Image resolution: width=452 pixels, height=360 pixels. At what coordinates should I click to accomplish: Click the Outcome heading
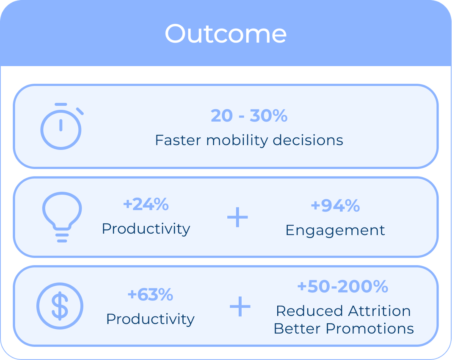click(226, 34)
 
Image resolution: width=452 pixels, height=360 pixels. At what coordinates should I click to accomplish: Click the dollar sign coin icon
click(60, 306)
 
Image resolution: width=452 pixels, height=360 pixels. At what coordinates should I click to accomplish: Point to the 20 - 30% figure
click(249, 116)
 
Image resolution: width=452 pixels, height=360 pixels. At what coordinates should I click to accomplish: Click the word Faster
click(178, 140)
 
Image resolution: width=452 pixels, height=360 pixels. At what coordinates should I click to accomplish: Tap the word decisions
click(308, 140)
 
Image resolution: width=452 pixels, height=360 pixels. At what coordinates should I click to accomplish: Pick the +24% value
click(146, 204)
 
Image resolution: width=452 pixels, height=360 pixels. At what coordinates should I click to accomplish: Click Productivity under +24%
click(146, 229)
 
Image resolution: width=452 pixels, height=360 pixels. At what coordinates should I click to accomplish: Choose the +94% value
click(335, 206)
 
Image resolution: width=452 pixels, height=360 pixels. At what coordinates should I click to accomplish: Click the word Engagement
click(335, 230)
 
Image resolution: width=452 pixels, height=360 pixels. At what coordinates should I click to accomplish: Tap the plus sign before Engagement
click(237, 217)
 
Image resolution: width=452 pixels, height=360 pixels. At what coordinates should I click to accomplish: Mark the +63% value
click(150, 294)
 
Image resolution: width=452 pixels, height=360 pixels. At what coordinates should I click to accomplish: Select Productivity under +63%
click(151, 319)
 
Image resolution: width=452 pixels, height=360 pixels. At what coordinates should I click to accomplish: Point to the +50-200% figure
click(343, 286)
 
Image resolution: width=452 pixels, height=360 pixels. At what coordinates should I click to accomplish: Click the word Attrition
click(379, 311)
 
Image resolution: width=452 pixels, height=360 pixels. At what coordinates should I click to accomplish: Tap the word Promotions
click(370, 329)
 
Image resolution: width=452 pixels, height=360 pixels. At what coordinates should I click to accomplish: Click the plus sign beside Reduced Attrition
click(240, 306)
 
